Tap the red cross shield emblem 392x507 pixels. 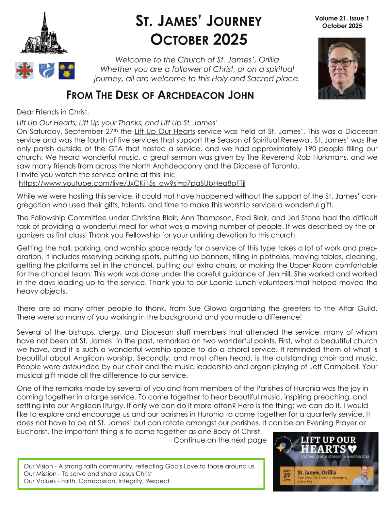click(x=24, y=71)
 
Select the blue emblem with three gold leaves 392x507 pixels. click(x=67, y=71)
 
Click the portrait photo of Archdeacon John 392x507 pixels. click(x=342, y=68)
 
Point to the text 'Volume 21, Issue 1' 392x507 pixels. click(x=342, y=19)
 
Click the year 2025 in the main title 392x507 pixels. click(x=230, y=40)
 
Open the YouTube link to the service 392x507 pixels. click(x=132, y=183)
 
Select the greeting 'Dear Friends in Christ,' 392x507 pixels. click(x=53, y=112)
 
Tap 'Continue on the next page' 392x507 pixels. click(x=220, y=440)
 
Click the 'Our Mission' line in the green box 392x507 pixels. click(x=88, y=474)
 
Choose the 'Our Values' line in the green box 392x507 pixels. click(x=96, y=481)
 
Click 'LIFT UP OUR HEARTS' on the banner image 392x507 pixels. click(x=328, y=445)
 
